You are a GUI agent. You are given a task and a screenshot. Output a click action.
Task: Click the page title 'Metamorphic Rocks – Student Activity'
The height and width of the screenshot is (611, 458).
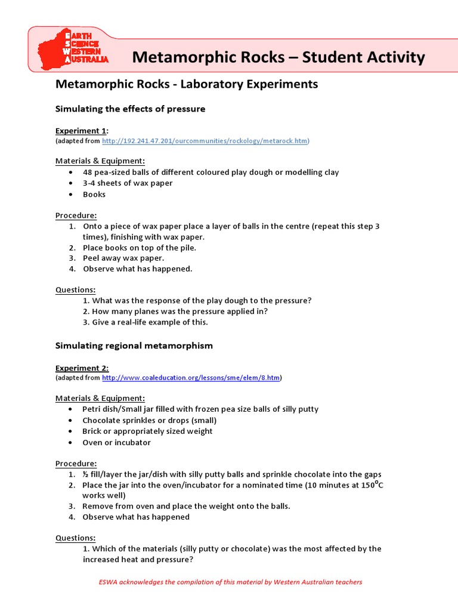tap(278, 57)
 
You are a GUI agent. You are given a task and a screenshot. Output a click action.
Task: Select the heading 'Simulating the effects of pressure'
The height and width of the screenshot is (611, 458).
tap(130, 109)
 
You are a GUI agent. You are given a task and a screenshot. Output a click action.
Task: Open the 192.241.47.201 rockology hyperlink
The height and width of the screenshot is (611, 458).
tap(205, 141)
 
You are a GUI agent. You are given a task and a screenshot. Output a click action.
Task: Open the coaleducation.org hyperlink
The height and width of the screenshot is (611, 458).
tap(191, 378)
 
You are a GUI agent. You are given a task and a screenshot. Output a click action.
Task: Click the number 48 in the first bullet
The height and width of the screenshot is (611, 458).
tap(88, 172)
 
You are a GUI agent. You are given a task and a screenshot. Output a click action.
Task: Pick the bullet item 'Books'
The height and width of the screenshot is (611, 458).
tap(94, 195)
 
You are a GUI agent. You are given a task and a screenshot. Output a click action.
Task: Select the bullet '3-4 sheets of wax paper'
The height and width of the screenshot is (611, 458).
tap(128, 183)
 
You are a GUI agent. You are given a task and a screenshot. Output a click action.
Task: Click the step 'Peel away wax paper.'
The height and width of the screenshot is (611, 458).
tap(123, 258)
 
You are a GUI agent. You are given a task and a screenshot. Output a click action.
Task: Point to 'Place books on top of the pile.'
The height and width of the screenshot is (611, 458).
tap(140, 247)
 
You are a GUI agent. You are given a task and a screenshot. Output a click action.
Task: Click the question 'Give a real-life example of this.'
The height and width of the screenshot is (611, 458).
tap(149, 322)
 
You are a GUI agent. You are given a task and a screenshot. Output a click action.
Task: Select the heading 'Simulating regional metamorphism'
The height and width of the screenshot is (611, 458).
tap(134, 345)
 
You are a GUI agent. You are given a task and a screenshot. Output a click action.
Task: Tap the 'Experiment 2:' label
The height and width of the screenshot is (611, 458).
tap(82, 368)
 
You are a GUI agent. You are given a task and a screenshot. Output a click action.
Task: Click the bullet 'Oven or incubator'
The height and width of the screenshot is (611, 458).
tap(116, 443)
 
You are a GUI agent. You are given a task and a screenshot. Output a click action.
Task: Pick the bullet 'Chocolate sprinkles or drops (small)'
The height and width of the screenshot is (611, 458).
tap(149, 420)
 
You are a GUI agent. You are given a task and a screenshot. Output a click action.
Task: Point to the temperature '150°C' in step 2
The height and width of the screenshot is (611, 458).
tap(372, 485)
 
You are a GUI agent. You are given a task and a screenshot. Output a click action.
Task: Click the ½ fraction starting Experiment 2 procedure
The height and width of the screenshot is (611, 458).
tap(85, 474)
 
